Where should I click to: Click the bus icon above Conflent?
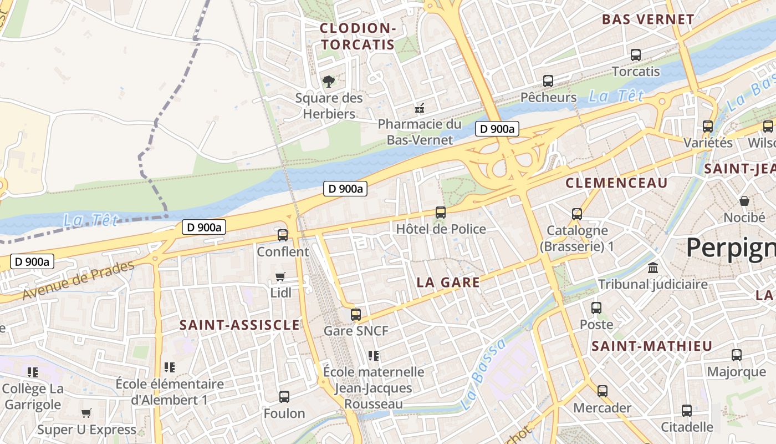tap(283, 235)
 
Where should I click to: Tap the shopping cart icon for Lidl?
tap(280, 276)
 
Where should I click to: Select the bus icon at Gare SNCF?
tap(356, 315)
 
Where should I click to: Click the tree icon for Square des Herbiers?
tap(329, 82)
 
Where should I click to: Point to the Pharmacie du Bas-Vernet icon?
tap(421, 108)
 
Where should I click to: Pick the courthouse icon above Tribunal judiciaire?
tap(653, 268)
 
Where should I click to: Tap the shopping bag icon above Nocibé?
tap(744, 201)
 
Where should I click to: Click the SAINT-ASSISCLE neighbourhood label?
tap(239, 325)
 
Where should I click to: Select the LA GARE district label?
tap(448, 282)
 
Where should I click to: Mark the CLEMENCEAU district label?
tap(616, 183)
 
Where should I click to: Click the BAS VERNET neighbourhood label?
tap(647, 19)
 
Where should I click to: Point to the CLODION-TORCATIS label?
tap(357, 37)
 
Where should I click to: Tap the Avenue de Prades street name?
tap(78, 280)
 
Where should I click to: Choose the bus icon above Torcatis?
tap(636, 55)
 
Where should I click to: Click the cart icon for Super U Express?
tap(86, 413)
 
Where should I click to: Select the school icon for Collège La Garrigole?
tap(33, 372)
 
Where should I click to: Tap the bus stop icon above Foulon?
tap(284, 396)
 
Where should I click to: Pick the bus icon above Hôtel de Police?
tap(441, 212)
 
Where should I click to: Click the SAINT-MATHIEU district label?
tap(651, 346)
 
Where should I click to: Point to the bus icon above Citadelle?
tap(687, 410)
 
